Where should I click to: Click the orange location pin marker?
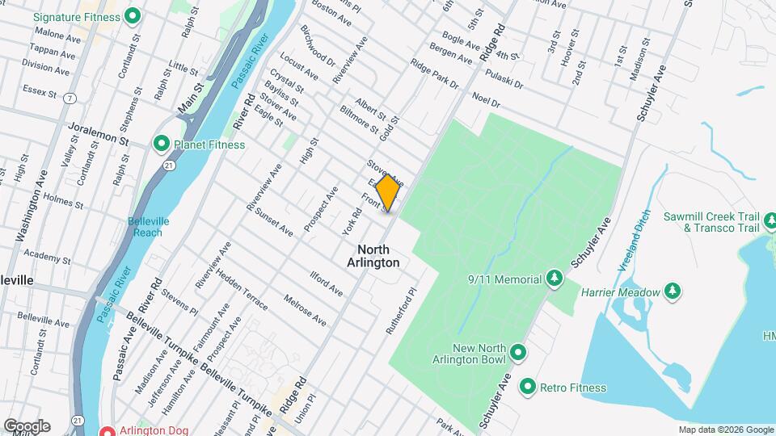tap(387, 193)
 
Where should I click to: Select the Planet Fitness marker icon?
tap(161, 145)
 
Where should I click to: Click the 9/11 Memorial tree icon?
tap(555, 279)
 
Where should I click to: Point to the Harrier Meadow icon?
tap(672, 291)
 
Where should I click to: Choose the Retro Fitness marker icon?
tap(528, 388)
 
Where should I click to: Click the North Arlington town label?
tap(373, 256)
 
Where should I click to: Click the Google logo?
tap(27, 426)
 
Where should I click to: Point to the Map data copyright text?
tap(725, 430)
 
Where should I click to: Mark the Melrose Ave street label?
tap(306, 310)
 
